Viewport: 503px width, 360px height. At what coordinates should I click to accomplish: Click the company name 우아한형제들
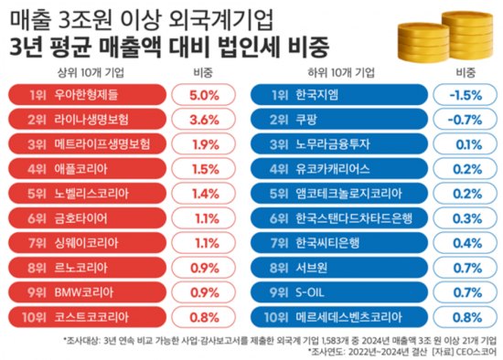pyautogui.click(x=88, y=94)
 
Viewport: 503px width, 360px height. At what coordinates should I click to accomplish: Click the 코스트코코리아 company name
pyautogui.click(x=92, y=317)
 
